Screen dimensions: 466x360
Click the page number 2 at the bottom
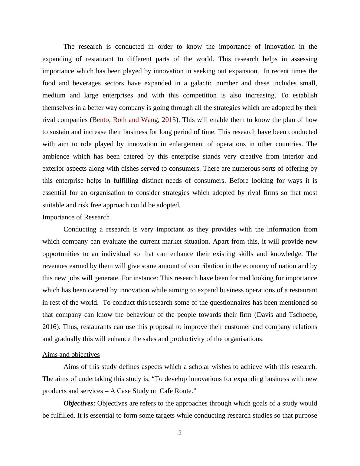point(180,433)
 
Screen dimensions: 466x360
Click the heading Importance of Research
point(76,217)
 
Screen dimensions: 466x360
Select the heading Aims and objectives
point(71,355)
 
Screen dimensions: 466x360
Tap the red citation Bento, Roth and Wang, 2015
point(134,120)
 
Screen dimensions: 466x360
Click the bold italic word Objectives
point(78,403)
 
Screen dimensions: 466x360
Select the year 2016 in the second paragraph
point(51,327)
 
